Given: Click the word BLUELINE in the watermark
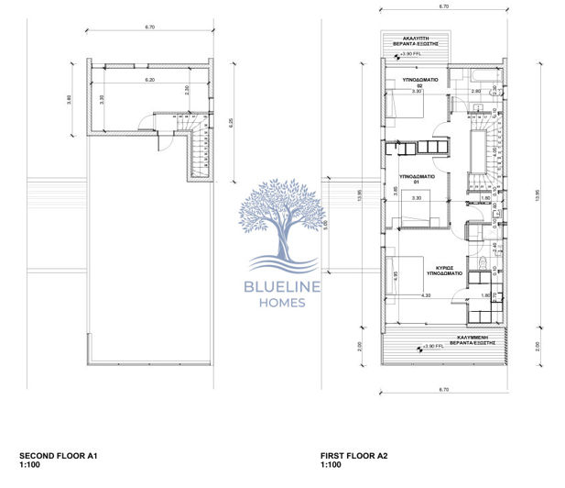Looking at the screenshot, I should tap(282, 289).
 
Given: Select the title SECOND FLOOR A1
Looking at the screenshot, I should tap(58, 456).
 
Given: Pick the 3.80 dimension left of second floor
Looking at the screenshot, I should tap(70, 99).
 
